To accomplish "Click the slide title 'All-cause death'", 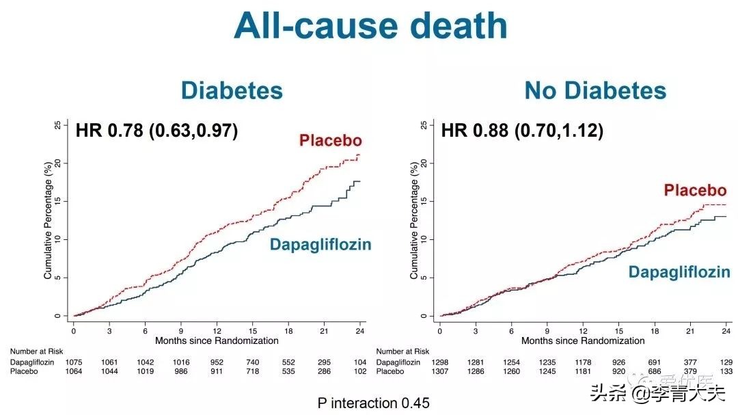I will click(x=370, y=26).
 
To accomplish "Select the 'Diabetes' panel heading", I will click(x=232, y=91).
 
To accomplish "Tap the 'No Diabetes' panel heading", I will click(x=595, y=91).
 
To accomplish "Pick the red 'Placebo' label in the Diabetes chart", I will click(x=330, y=141).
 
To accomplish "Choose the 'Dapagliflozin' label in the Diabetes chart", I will click(x=320, y=244).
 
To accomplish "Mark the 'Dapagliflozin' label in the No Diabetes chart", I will click(x=679, y=272).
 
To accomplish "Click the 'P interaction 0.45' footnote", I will click(x=373, y=403).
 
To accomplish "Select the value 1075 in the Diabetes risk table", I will click(x=74, y=362).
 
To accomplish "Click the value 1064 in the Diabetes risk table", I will click(x=74, y=371).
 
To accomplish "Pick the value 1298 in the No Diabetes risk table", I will click(x=440, y=362).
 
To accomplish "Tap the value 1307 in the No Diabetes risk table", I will click(x=440, y=371).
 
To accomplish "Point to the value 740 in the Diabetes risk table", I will click(x=253, y=362).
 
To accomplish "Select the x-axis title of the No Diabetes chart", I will click(x=583, y=340).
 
